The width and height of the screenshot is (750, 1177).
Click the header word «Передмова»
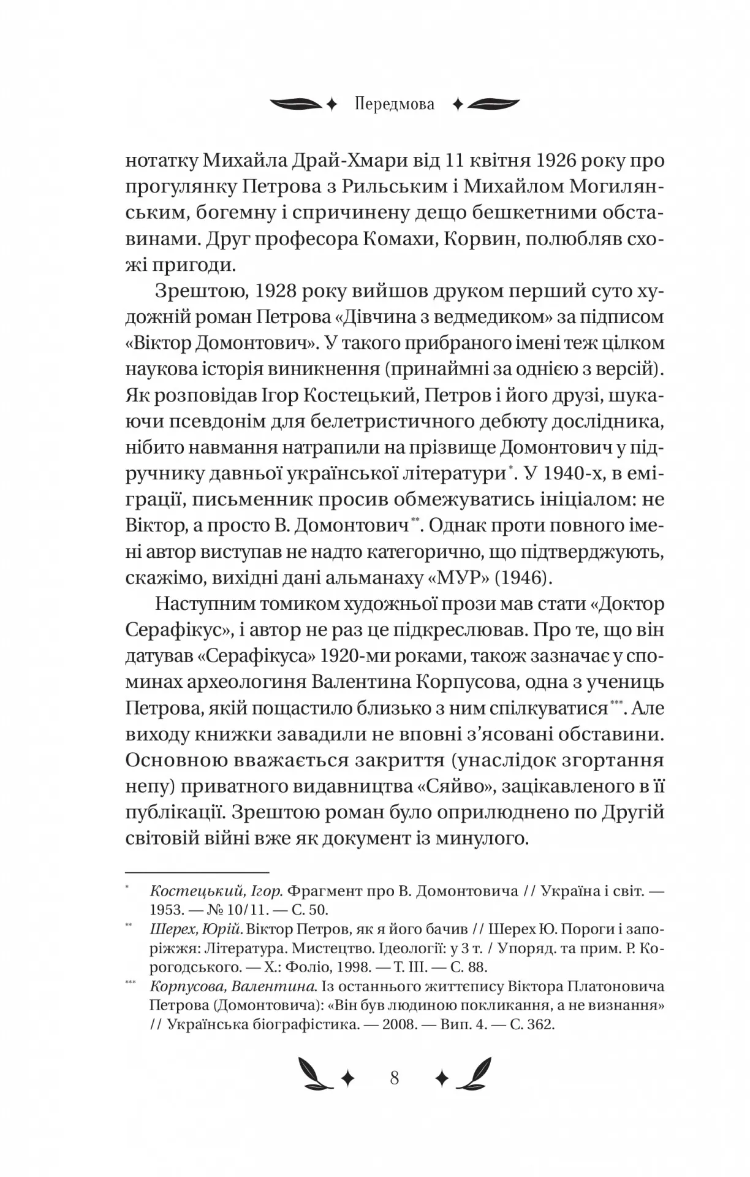[394, 104]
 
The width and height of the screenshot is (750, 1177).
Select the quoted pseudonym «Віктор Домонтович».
[221, 343]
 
